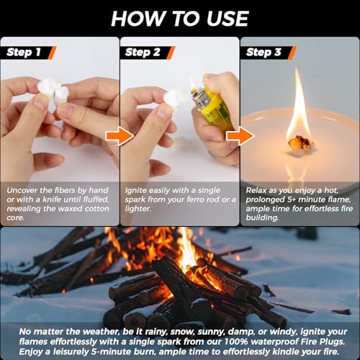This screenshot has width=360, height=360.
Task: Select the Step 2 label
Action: pos(143,52)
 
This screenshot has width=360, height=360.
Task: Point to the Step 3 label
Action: pos(261,52)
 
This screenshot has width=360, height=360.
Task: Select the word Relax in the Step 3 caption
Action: pos(258,189)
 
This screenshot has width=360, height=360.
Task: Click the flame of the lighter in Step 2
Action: pos(193,84)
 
